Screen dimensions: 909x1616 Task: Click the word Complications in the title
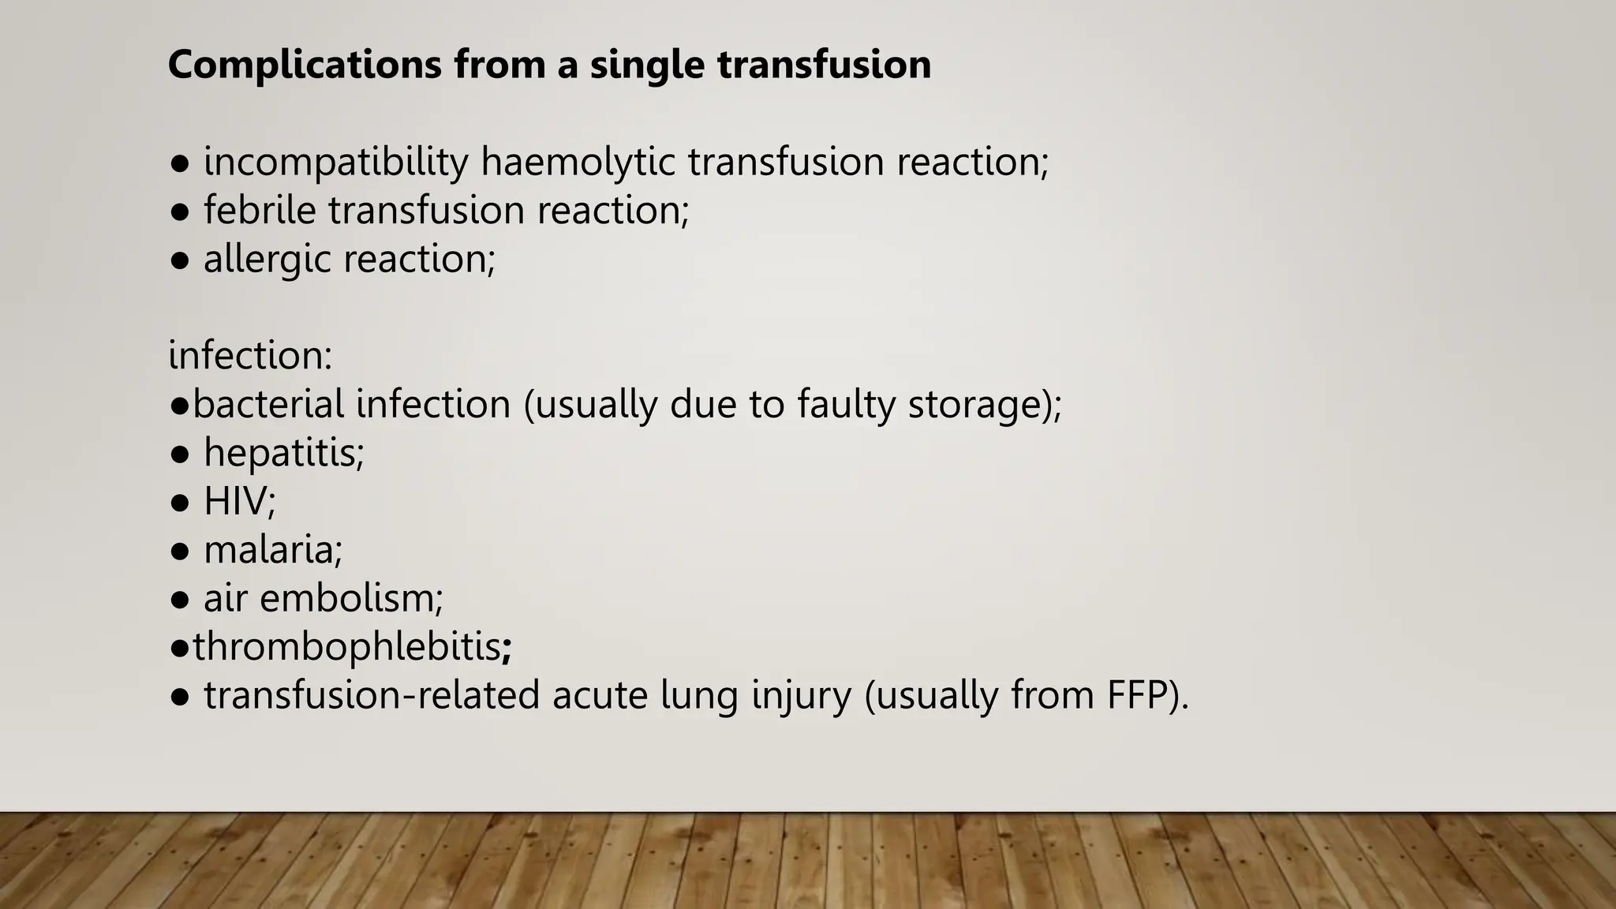[x=305, y=64]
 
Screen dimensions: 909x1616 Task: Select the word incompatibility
[x=336, y=162]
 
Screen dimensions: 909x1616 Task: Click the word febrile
[x=260, y=211]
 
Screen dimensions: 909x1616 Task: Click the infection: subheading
[x=250, y=356]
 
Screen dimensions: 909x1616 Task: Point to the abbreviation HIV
[x=236, y=501]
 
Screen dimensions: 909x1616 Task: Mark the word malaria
[x=271, y=550]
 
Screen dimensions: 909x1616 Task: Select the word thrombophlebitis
[x=346, y=647]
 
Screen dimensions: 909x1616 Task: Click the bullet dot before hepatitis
[x=180, y=454]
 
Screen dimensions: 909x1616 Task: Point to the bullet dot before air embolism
[x=180, y=600]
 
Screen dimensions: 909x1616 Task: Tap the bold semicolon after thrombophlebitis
[x=507, y=649]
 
